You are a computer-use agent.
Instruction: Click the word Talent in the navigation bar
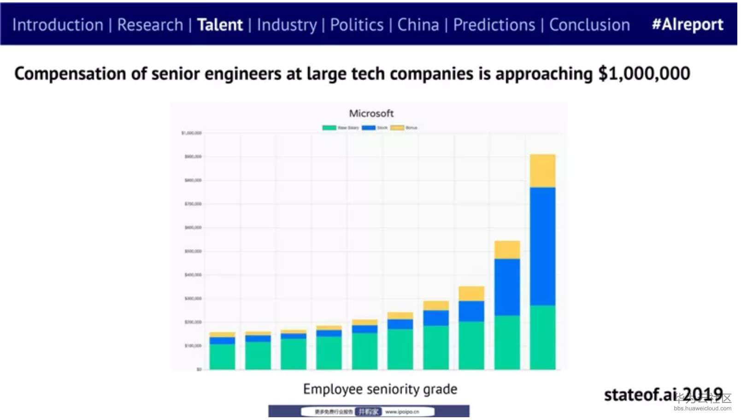220,25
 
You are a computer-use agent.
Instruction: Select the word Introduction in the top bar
58,25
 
